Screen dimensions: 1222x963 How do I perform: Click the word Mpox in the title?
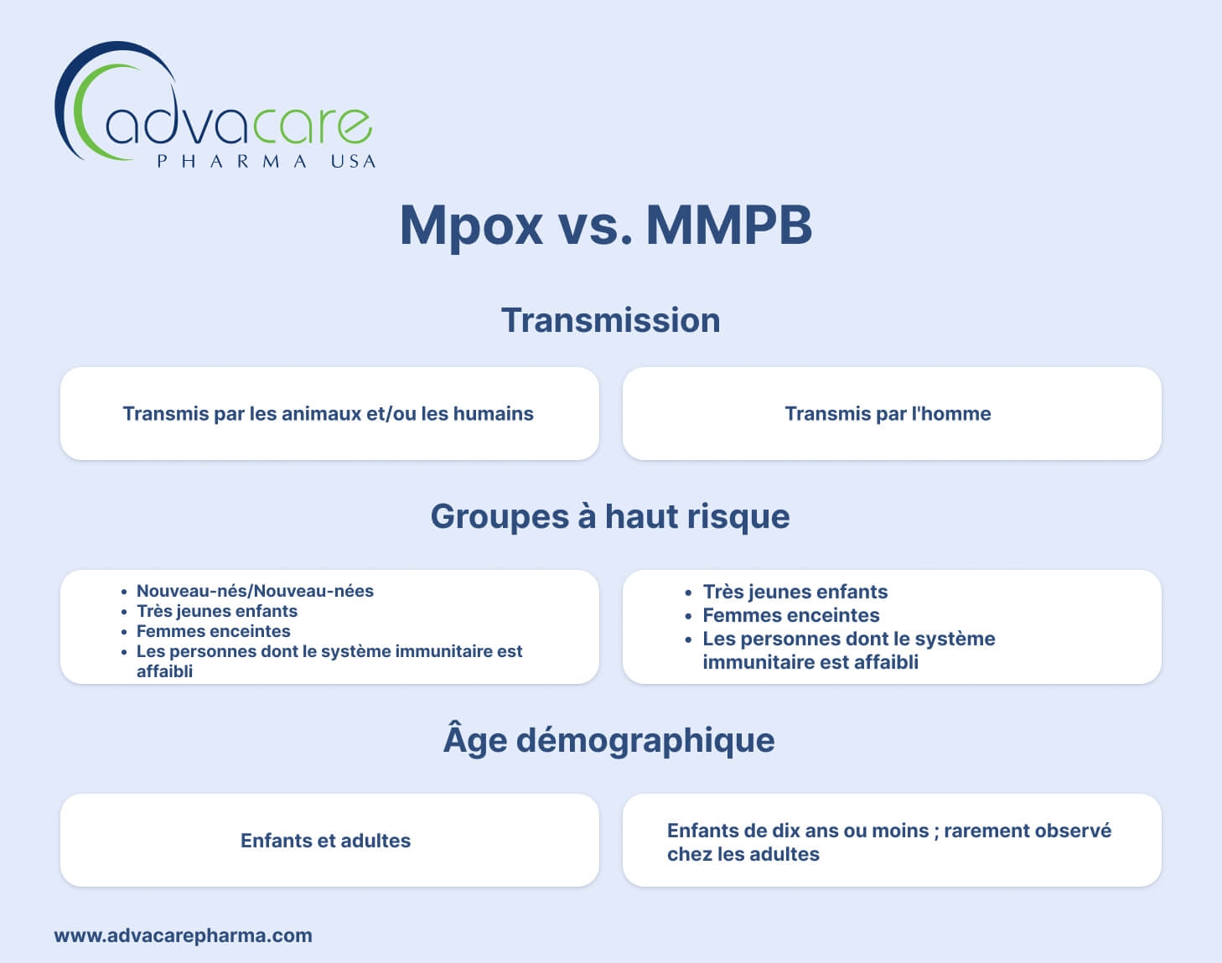471,226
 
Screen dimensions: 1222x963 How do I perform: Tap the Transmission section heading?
611,320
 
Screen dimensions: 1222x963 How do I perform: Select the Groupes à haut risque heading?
610,517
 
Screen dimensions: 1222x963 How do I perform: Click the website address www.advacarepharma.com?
184,935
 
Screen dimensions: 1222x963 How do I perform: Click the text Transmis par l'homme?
888,413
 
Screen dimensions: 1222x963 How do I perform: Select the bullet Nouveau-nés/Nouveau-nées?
255,591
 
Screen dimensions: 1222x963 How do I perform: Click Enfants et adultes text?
325,841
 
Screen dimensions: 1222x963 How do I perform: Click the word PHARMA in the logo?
231,161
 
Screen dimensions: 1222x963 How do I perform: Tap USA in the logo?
353,161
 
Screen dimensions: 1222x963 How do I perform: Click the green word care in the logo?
312,125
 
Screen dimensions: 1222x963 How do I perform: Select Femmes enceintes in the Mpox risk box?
214,631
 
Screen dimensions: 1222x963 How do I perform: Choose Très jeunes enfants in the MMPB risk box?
795,592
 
